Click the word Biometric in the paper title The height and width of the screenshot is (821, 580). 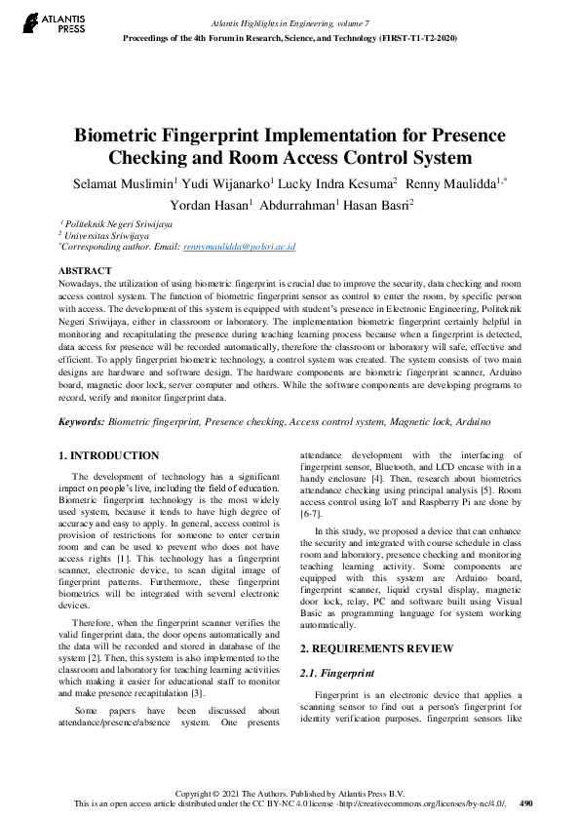[x=125, y=136]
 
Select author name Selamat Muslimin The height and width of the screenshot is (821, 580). [x=120, y=182]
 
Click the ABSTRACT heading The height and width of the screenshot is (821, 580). [x=85, y=270]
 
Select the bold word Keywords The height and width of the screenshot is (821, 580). [x=82, y=422]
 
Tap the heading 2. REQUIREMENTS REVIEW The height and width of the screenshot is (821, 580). [x=375, y=648]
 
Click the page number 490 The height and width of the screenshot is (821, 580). [x=526, y=803]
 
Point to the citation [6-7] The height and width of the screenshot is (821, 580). [x=310, y=513]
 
